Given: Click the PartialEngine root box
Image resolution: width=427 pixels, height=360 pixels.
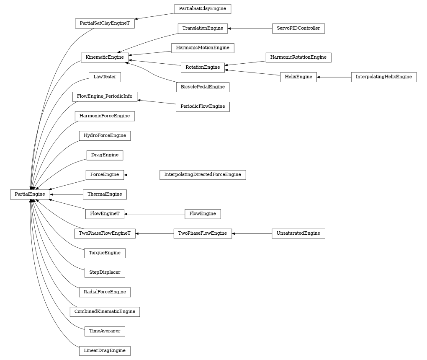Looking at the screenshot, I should coord(30,194).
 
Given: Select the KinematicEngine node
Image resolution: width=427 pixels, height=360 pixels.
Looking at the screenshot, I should coord(104,57).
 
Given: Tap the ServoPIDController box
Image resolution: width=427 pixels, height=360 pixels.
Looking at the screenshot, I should coord(298,28).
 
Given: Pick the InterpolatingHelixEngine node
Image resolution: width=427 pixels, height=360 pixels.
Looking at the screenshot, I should coord(383,77).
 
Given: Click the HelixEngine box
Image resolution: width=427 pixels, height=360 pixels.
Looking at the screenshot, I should coord(298,77).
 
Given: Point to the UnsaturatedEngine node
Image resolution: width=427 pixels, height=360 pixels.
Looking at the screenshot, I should coord(298,233).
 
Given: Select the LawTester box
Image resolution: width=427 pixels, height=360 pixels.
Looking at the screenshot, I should coord(105,77).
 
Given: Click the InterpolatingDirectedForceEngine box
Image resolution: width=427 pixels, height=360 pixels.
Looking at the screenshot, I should coord(202,175).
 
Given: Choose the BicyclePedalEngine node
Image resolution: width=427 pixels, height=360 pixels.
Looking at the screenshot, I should coord(202,87).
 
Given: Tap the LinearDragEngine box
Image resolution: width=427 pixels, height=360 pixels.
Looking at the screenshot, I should coord(105,351).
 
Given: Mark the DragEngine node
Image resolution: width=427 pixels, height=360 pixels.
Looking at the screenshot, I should coord(105,155).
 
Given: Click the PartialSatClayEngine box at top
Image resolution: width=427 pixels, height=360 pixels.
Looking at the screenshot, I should coord(202,9).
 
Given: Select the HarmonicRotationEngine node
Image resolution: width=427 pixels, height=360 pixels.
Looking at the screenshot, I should coord(298,57).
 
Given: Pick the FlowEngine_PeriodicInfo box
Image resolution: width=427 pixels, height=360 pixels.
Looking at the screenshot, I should coord(105,96).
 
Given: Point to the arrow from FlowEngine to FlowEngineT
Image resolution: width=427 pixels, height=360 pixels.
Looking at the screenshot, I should coord(155,214).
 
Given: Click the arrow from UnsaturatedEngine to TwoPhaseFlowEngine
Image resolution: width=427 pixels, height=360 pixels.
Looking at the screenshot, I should coord(252,233).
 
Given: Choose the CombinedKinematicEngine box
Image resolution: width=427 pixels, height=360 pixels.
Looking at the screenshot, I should coord(105,312).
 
